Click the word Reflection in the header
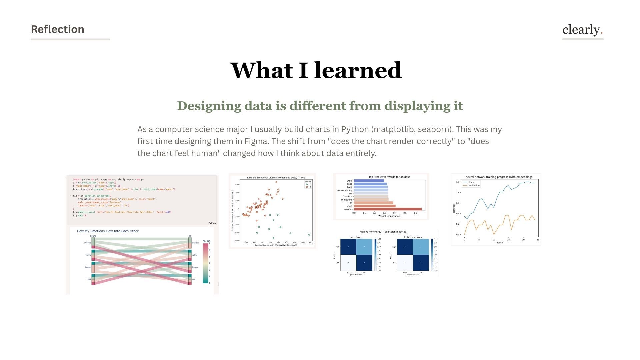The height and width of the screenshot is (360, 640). (57, 29)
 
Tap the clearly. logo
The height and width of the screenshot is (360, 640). (582, 30)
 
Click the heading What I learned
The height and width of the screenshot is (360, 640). (316, 70)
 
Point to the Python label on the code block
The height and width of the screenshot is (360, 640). (212, 223)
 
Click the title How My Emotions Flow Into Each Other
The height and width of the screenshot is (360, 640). (108, 231)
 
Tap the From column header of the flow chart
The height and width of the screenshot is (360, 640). (93, 236)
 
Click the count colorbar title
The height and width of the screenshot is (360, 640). (206, 241)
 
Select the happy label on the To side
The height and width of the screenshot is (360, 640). (195, 267)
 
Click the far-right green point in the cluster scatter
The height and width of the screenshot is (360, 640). (309, 235)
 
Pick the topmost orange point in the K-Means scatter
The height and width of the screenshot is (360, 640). (276, 182)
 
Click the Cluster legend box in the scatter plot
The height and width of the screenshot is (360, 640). (308, 184)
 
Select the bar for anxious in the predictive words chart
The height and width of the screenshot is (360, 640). (387, 209)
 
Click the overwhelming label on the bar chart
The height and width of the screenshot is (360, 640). (345, 190)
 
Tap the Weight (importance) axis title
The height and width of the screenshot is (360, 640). (389, 216)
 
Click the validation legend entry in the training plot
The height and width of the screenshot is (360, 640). (474, 186)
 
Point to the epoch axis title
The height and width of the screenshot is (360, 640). (499, 243)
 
